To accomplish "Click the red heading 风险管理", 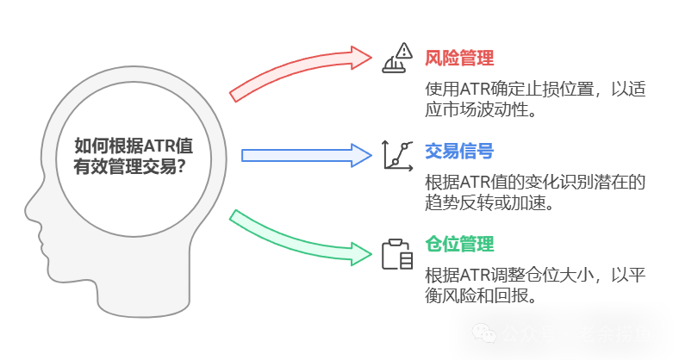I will (459, 59).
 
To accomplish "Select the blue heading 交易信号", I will (459, 152).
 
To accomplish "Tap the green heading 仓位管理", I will (459, 245).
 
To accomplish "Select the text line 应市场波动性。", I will (481, 110).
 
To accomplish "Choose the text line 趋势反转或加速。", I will (488, 203).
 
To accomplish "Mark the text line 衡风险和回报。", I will (481, 296).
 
